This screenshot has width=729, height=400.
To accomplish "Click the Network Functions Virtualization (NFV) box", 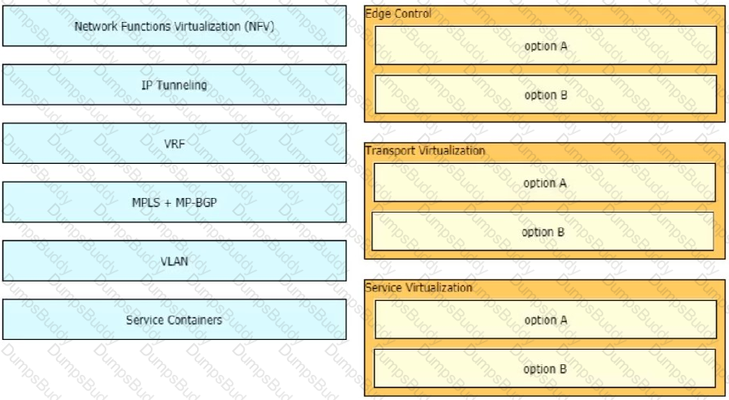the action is [x=174, y=26].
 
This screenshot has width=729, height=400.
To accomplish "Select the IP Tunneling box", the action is [x=174, y=84].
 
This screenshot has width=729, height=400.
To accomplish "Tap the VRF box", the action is [x=174, y=144].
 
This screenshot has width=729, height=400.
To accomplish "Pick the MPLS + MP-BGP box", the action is [x=174, y=202].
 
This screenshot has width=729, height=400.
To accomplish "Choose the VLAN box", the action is [x=174, y=260].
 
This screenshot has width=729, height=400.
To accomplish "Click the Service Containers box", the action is [x=174, y=319].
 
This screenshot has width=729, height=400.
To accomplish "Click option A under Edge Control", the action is [x=546, y=45].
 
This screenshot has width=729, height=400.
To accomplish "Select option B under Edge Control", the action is [x=546, y=94].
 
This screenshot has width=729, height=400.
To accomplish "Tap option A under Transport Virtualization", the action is [x=545, y=183].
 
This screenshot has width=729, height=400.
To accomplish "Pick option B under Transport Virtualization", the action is [x=542, y=231].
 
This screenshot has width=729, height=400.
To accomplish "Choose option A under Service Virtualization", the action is [x=546, y=320].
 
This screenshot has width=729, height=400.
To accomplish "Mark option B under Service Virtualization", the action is [x=545, y=368].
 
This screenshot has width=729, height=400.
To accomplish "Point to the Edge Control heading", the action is [x=398, y=14].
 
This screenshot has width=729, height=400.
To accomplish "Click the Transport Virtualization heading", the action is [x=425, y=150].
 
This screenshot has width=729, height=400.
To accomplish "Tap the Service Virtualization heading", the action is [x=418, y=287].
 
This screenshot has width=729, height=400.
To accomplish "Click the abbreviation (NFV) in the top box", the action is [x=259, y=27].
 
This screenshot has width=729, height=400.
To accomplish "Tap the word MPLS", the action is [x=145, y=202].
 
